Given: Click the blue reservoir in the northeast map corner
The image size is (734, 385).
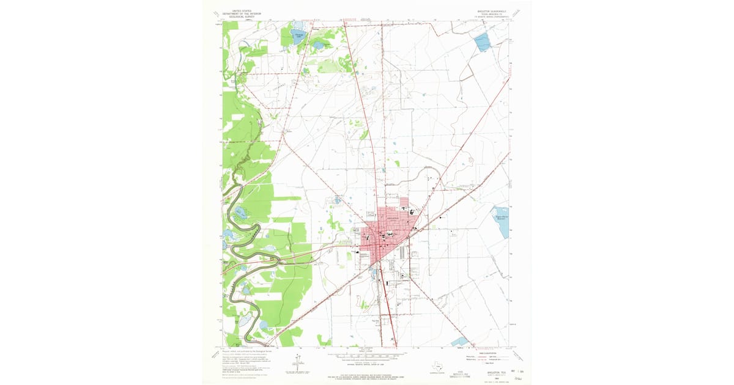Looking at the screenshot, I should click(x=482, y=42).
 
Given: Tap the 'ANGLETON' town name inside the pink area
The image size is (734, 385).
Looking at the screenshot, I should click(x=392, y=218).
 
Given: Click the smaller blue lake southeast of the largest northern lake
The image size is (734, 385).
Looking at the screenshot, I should click(x=318, y=45).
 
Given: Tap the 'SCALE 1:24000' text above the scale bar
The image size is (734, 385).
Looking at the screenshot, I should click(x=366, y=351).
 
